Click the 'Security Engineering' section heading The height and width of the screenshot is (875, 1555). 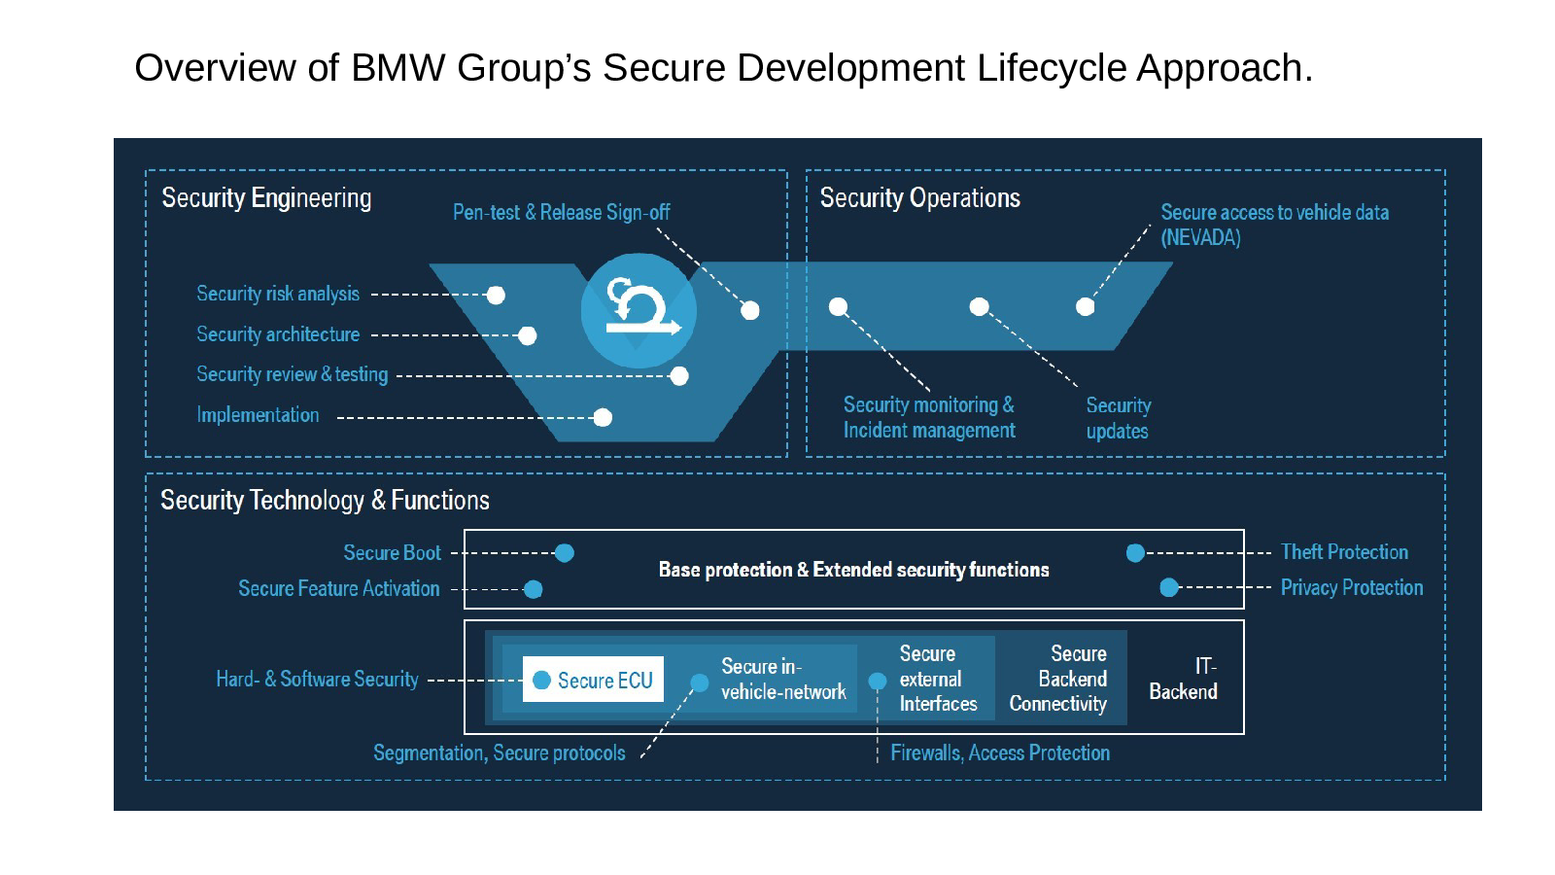(x=266, y=198)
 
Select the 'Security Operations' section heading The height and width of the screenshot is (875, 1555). (x=919, y=198)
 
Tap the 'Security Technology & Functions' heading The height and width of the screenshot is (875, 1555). (x=325, y=500)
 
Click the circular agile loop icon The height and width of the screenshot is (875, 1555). (x=639, y=310)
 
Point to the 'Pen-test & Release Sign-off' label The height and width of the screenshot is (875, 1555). (x=561, y=212)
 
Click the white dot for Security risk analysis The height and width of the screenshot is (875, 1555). (x=496, y=296)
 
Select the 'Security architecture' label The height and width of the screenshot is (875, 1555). (x=278, y=334)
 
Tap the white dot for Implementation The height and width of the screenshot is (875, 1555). (x=603, y=417)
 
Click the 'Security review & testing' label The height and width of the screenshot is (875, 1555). (x=292, y=374)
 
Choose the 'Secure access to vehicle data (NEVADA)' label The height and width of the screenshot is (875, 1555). (x=1274, y=225)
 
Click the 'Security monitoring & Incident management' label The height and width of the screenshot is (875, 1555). (x=929, y=417)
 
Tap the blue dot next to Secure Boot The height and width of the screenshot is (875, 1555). (x=565, y=553)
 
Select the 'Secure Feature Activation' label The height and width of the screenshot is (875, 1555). (x=339, y=588)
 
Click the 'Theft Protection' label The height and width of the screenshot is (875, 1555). (x=1344, y=551)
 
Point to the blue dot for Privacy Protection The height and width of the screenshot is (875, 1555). (x=1169, y=587)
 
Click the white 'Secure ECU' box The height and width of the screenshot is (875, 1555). (x=593, y=680)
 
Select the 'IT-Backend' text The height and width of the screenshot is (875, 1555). (x=1183, y=679)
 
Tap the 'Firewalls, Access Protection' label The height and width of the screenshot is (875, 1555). (x=1000, y=752)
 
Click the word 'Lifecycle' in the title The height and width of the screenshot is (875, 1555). (x=1051, y=68)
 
